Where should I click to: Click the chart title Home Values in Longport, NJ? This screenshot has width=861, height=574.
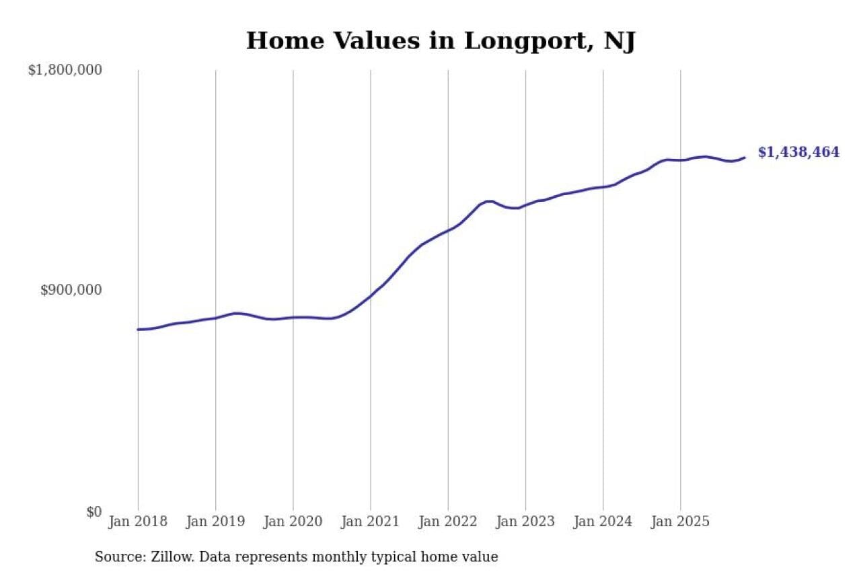pos(441,41)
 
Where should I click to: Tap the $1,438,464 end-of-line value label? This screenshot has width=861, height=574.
pos(798,152)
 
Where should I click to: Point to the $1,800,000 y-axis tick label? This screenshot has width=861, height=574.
pos(65,69)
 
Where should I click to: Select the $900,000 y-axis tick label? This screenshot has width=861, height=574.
pos(71,290)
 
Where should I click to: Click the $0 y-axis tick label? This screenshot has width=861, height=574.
pos(93,511)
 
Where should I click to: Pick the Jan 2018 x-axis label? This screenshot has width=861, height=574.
pos(138,522)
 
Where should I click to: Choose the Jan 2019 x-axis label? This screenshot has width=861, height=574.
pos(215,522)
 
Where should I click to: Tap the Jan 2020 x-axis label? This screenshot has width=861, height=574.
pos(293,522)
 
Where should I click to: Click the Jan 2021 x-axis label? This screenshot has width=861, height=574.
pos(370,522)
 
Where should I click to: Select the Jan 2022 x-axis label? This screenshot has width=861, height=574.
pos(448,522)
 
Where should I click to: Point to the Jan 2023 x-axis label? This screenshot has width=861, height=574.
pos(525,522)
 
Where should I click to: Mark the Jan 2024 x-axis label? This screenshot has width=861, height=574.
pos(603,522)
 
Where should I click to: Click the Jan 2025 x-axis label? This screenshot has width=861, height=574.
pos(680,522)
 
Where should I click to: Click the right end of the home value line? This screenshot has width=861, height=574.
pos(745,157)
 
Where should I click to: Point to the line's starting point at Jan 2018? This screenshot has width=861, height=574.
pos(138,329)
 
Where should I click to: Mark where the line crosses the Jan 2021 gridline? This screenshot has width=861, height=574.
pos(371,296)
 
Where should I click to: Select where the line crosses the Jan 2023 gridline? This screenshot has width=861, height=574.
pos(525,205)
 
